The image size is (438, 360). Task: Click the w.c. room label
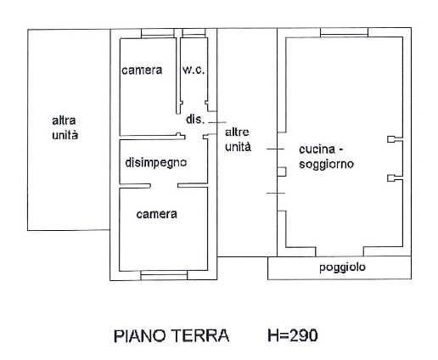(194, 70)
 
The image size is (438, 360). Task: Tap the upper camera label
(142, 70)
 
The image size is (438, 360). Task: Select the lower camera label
(156, 214)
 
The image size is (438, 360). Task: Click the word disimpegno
(156, 163)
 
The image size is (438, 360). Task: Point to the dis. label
(195, 119)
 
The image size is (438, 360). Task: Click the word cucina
(317, 149)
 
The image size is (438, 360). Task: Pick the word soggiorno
(326, 164)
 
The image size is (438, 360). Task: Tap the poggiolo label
(342, 267)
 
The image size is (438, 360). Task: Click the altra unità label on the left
(65, 128)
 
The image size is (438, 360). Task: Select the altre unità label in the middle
(238, 139)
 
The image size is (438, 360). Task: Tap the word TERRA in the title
(200, 336)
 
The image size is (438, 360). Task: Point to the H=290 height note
(293, 335)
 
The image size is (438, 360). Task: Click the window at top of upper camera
(158, 33)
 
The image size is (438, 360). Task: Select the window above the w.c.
(194, 33)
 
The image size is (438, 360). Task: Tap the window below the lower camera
(164, 275)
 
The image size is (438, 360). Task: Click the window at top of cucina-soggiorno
(344, 32)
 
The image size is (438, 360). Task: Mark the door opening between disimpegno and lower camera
(164, 186)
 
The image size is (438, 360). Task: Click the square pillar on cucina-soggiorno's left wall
(282, 172)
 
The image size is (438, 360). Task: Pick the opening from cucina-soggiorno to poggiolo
(340, 251)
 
